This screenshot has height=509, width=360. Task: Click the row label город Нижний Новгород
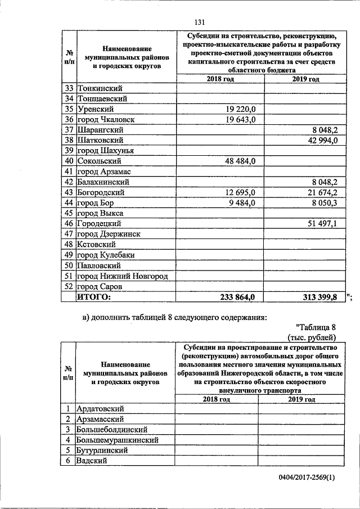click(123, 276)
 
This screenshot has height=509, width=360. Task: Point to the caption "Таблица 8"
click(315, 327)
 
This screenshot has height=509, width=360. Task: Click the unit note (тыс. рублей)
click(312, 337)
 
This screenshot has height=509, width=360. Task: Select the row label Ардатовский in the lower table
click(100, 409)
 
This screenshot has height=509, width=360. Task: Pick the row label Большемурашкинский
click(118, 440)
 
